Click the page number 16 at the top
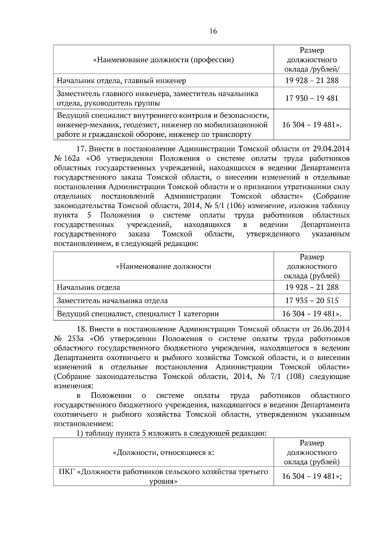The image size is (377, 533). pos(213,31)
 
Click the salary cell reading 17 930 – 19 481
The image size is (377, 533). pos(312,98)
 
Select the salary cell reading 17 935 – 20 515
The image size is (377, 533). pos(312,300)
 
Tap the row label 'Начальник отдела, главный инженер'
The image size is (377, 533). pos(121,81)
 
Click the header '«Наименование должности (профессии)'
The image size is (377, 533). pos(164,60)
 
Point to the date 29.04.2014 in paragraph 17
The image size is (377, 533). pos(331,148)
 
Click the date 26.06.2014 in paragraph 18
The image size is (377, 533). pos(331,329)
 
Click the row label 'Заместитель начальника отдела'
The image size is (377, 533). pos(112,300)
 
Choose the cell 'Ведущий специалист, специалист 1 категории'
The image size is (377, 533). pos(138,314)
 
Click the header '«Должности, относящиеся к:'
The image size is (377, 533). pos(163,452)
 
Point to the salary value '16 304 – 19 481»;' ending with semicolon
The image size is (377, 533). pos(312,476)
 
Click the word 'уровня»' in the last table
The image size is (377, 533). pos(163,481)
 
